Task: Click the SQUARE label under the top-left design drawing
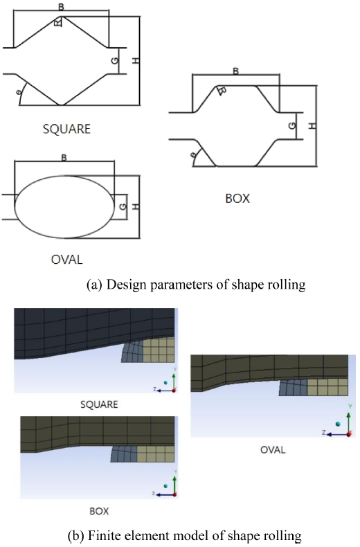66,129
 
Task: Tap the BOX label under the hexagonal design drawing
237,199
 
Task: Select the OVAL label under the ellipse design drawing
66,260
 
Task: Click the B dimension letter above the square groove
61,7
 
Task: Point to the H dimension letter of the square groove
136,60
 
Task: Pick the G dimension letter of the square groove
115,60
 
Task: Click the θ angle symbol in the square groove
19,91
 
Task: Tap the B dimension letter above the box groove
236,71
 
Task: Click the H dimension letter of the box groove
313,125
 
